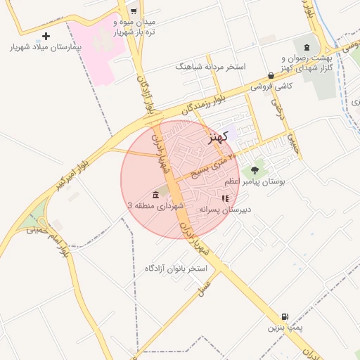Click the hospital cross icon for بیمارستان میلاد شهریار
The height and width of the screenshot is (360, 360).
46,36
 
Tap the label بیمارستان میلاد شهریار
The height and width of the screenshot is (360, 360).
46,49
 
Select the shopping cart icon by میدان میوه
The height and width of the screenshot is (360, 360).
133,11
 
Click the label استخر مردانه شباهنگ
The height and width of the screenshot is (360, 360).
210,67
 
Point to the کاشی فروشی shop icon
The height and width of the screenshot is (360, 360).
271,75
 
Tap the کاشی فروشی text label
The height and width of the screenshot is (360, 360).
271,86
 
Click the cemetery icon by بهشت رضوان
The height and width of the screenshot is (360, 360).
306,46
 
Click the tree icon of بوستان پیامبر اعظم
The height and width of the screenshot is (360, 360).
255,170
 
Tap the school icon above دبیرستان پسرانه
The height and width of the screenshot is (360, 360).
225,198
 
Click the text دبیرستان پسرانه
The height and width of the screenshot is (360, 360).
225,209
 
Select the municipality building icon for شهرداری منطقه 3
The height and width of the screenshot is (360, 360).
155,195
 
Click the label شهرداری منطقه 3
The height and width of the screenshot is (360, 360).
155,205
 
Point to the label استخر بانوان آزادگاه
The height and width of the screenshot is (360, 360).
176,269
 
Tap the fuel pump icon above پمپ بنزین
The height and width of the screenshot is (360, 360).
284,317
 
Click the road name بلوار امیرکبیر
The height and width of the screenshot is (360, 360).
74,176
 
